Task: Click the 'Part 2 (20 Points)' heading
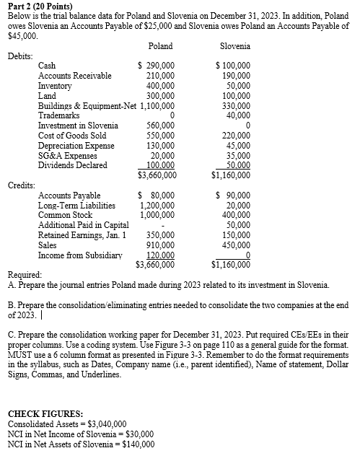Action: (x=39, y=6)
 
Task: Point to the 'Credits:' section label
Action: (x=21, y=185)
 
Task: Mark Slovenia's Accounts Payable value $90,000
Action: (x=232, y=195)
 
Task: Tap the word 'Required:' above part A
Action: (x=25, y=275)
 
